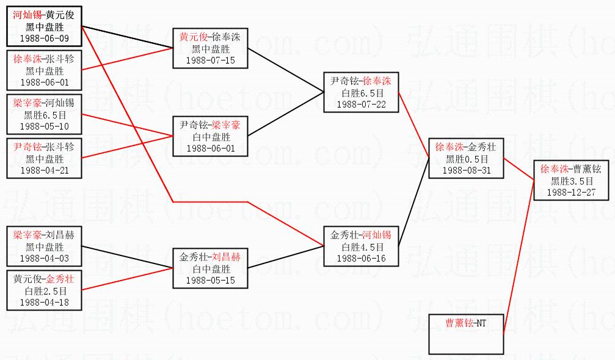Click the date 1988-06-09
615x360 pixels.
tap(45, 39)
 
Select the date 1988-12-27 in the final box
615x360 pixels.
tap(571, 192)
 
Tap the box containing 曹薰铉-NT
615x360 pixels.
tap(467, 334)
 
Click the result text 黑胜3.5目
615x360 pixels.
tap(571, 181)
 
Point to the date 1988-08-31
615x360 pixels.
tap(466, 171)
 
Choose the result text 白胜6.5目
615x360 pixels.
tap(362, 93)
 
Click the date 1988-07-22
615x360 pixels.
tap(362, 104)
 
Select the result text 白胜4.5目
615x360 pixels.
tap(362, 248)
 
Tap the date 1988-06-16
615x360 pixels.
tap(362, 259)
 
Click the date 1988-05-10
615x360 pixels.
tap(45, 126)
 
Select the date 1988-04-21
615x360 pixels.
tap(45, 170)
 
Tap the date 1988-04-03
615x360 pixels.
tap(45, 259)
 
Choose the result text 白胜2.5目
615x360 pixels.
tap(45, 291)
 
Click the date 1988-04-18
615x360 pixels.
tap(45, 302)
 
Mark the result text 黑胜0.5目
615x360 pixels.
tap(466, 160)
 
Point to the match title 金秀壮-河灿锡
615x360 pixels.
tap(362, 235)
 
